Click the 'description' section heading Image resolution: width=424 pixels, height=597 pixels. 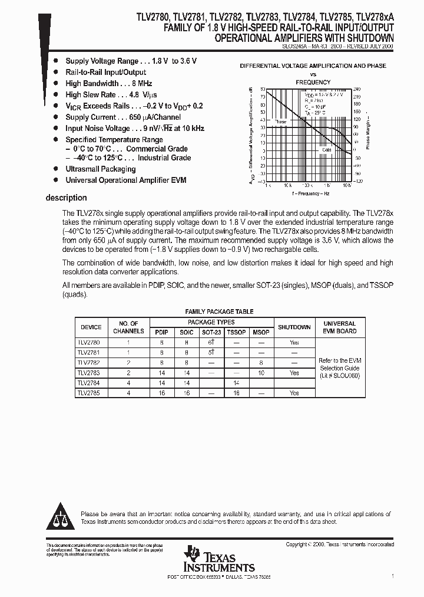(66, 198)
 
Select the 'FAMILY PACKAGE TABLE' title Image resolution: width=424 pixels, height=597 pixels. (219, 311)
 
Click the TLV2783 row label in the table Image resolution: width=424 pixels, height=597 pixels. (89, 373)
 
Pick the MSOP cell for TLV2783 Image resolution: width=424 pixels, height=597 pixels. (261, 373)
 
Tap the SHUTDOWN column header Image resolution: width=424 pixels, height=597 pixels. (294, 327)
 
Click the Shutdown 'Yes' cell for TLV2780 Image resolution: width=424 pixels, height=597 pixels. (294, 342)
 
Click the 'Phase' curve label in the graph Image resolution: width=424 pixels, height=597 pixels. (280, 121)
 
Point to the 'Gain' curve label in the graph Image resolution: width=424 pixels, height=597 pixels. (327, 150)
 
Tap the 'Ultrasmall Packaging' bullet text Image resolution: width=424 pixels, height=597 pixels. (100, 169)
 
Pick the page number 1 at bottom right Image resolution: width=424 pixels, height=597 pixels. (392, 575)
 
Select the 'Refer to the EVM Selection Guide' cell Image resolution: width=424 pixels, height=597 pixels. (339, 368)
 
